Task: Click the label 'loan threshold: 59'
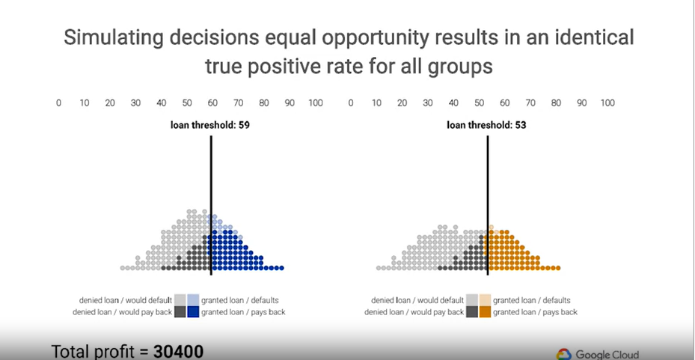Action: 209,126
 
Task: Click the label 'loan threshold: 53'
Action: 486,126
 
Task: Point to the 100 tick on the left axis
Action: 315,103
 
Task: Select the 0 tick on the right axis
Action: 351,103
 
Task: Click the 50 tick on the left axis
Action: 187,103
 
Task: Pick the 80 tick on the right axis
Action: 556,103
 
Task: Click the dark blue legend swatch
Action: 193,312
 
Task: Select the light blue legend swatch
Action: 193,300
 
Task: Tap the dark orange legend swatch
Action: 485,312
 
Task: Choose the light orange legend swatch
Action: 485,300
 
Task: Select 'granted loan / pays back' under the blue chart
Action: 243,312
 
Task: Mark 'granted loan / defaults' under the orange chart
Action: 532,300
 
